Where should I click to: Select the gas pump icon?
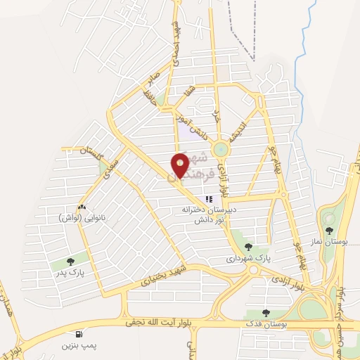[77, 333]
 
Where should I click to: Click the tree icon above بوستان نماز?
[329, 230]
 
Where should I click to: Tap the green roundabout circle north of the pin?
[221, 149]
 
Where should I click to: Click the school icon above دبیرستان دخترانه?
[209, 199]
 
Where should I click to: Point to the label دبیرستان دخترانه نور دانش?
[209, 214]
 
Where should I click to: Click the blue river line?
[304, 42]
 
